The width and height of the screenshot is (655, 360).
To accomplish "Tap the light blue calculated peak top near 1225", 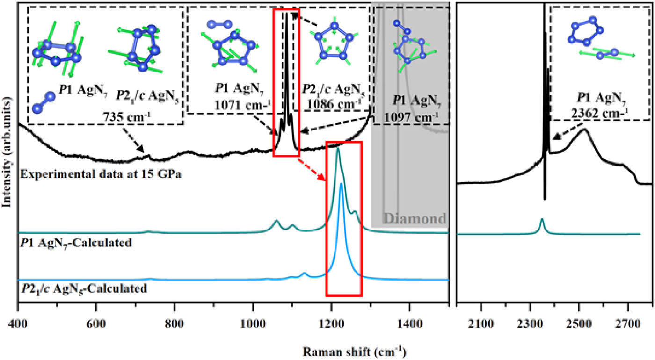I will [x=341, y=184].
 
